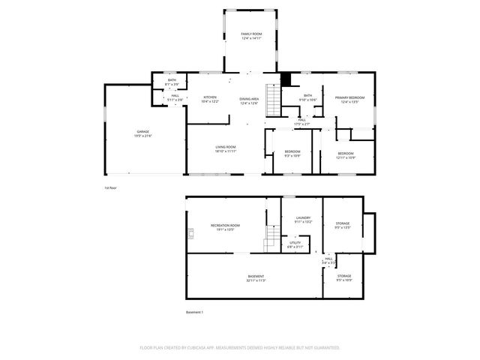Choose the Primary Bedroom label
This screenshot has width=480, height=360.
(x=350, y=99)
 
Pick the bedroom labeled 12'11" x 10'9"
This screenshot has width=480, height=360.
(x=345, y=155)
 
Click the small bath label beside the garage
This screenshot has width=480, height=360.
(x=172, y=82)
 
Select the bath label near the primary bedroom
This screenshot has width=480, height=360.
(x=307, y=97)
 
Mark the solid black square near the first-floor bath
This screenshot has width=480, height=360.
(x=285, y=79)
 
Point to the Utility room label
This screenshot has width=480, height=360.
(x=295, y=244)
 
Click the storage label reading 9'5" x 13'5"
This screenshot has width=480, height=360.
(x=343, y=224)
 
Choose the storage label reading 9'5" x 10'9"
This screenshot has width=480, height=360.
(x=344, y=277)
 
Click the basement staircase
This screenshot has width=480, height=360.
(x=271, y=242)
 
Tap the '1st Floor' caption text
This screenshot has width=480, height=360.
(x=110, y=187)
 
